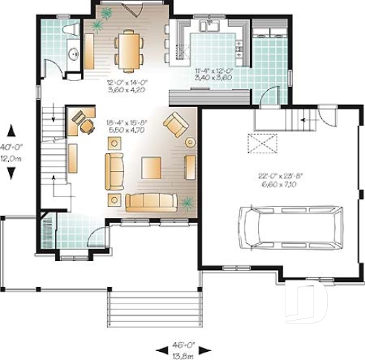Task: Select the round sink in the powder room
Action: click(x=73, y=55)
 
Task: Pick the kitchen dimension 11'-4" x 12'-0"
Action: click(x=197, y=72)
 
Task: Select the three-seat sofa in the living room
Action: click(x=151, y=202)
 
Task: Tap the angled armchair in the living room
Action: click(x=176, y=124)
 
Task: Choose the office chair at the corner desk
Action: click(x=88, y=126)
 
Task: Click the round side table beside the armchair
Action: click(x=190, y=141)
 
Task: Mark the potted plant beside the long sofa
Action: click(x=187, y=202)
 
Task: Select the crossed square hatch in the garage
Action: click(x=262, y=143)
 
